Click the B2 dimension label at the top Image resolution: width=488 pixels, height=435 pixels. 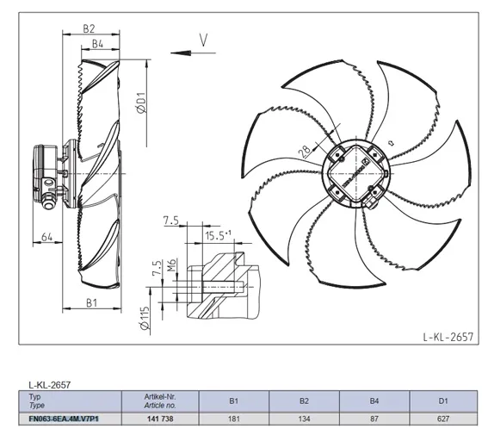(89, 28)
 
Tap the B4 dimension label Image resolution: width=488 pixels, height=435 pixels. (97, 44)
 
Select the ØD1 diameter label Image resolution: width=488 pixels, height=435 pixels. (142, 103)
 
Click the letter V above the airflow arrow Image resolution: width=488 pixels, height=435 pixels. (203, 40)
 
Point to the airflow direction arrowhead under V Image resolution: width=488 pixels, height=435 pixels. (181, 53)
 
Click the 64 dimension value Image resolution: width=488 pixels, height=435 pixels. (47, 237)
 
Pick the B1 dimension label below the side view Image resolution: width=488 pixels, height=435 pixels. (92, 302)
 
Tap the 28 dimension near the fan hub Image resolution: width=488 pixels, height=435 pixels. (305, 151)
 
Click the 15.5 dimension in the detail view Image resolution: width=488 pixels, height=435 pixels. (218, 235)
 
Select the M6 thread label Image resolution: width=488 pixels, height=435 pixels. (172, 264)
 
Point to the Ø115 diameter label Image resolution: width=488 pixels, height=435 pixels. (145, 318)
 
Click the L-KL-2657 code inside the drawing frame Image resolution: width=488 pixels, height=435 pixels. (448, 337)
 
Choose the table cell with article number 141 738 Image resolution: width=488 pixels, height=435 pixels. (160, 419)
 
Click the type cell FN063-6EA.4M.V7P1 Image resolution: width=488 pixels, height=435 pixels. (64, 419)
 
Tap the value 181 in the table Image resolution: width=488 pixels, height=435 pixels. (233, 419)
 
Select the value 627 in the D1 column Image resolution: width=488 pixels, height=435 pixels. (443, 419)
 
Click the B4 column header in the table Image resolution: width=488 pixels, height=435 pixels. (374, 401)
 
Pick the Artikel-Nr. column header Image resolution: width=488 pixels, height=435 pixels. (160, 397)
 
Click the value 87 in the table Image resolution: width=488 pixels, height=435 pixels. (374, 419)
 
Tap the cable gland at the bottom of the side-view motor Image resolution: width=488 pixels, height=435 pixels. (48, 202)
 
